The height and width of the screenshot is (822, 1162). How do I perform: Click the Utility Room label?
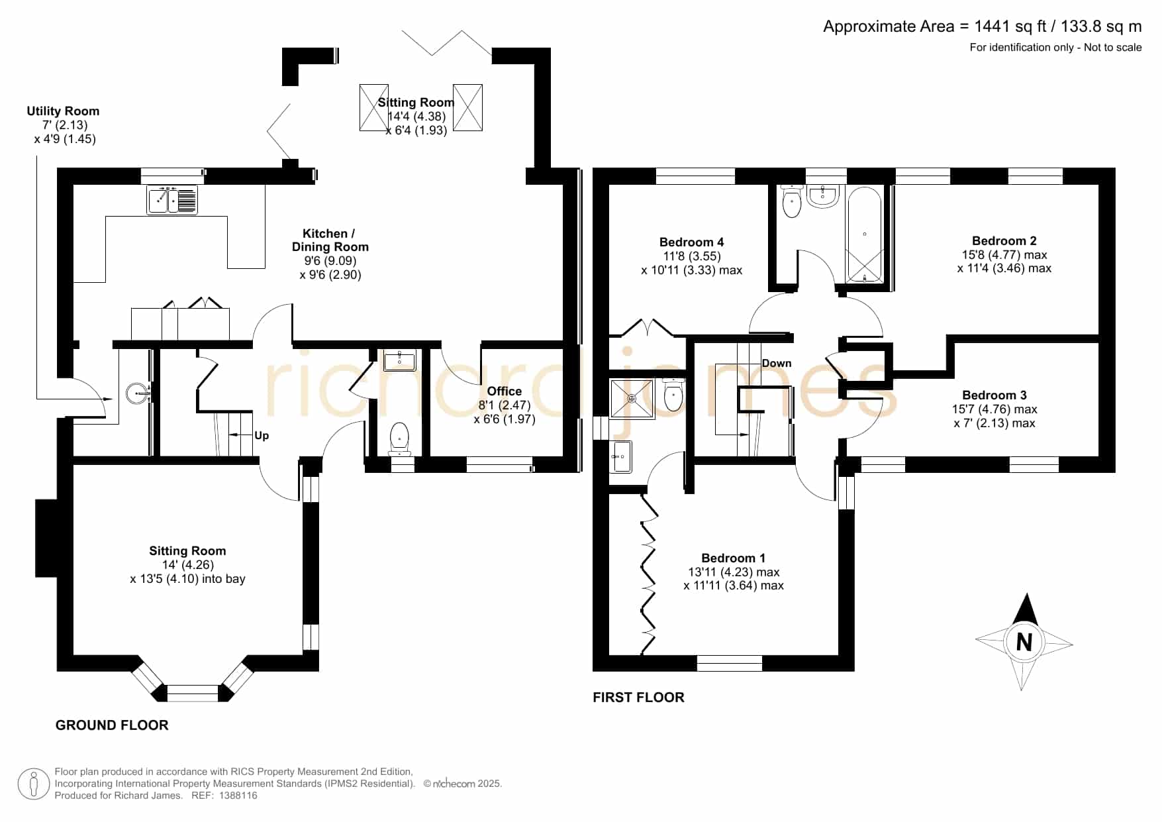pos(63,111)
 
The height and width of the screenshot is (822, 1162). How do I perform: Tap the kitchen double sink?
pos(172,199)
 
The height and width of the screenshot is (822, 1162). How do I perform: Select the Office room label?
pos(505,391)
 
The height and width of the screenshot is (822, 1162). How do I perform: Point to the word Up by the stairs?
pos(262,436)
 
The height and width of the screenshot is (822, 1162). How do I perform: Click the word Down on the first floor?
pos(777,363)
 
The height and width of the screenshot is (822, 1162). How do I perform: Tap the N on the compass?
pos(1024,642)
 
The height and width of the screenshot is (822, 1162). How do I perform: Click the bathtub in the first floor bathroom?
pos(865,235)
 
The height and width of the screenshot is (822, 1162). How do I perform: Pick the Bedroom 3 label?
pos(994,395)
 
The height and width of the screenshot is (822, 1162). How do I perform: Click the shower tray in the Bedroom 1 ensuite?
pos(632,399)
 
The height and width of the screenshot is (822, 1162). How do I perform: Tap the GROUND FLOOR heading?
pos(112,725)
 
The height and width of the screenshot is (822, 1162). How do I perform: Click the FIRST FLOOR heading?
pos(638,697)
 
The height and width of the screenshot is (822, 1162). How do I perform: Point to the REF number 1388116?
pos(238,796)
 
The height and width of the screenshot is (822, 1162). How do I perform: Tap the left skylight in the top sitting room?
pos(374,107)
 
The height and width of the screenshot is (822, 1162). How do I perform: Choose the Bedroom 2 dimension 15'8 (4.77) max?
pos(1004,255)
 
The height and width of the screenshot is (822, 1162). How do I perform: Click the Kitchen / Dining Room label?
pos(330,240)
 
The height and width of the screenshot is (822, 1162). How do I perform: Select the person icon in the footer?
pos(33,784)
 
